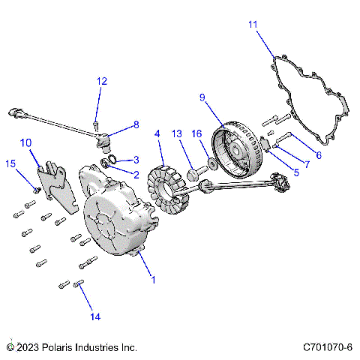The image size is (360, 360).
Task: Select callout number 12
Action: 102,81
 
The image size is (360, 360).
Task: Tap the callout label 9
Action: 202,97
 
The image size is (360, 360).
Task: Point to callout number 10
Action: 25,142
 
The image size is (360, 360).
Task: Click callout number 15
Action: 10,163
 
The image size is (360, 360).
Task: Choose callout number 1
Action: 154,280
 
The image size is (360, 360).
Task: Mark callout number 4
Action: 157,134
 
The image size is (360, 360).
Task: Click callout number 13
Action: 177,133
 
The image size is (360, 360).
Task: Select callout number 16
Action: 197,133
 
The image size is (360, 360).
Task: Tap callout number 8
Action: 136,124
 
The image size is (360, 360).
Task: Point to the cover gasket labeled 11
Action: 307,97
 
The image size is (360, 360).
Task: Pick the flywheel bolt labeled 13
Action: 193,174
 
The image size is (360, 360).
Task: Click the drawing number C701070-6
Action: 328,348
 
